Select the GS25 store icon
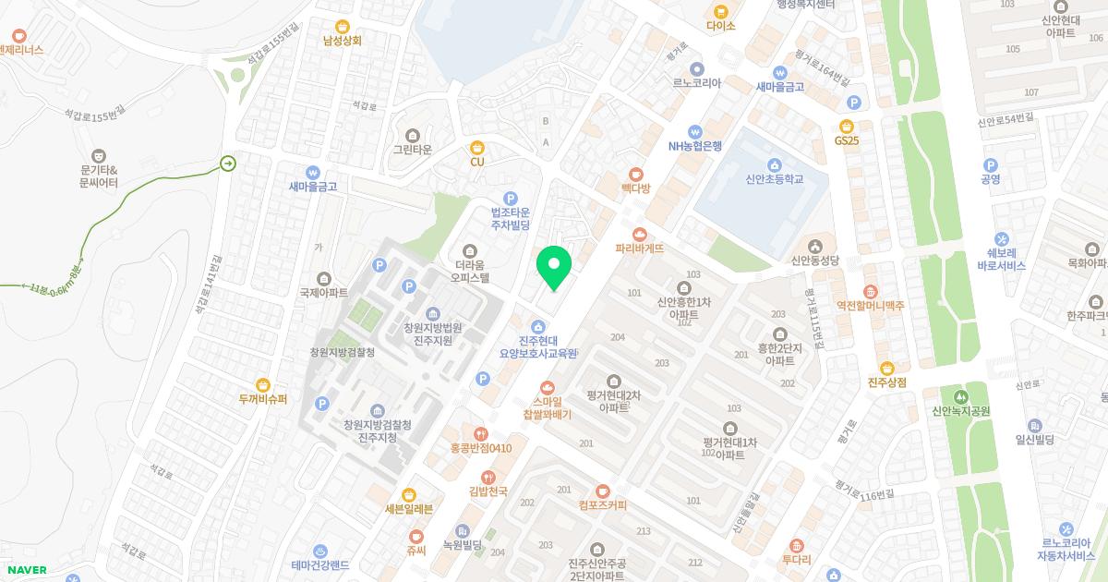(x=846, y=126)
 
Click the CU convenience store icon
(x=477, y=147)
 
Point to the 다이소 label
(x=720, y=26)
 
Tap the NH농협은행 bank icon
(x=695, y=131)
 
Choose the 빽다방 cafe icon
(x=635, y=174)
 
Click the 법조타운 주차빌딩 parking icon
(x=510, y=198)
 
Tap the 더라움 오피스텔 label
(x=471, y=269)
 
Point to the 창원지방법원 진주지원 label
(x=433, y=333)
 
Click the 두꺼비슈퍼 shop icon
(x=263, y=384)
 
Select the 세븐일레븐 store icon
(x=409, y=494)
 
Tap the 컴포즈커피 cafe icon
(x=603, y=490)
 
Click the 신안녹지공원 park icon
(x=960, y=395)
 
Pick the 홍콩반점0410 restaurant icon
(x=480, y=433)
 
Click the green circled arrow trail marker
(x=227, y=164)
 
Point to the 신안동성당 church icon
(x=813, y=246)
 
